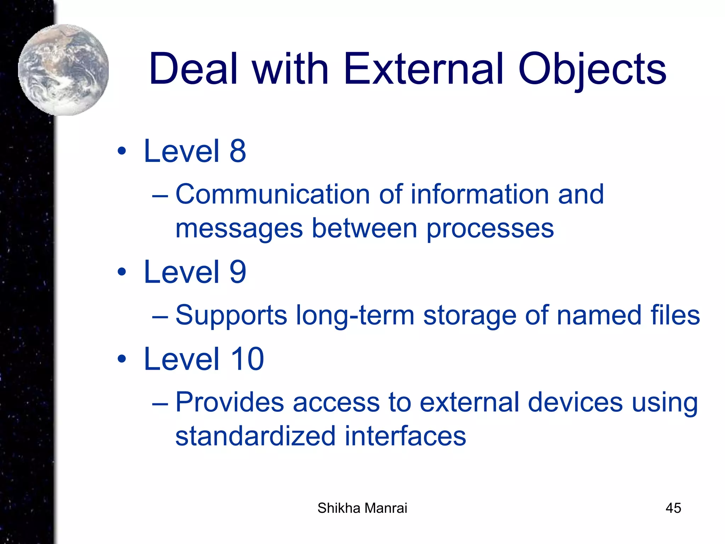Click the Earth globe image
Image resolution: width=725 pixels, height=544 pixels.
(64, 70)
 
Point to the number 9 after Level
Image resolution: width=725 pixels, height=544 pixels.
(238, 272)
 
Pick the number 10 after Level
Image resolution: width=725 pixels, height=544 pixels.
(247, 359)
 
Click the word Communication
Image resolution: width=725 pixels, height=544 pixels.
(273, 194)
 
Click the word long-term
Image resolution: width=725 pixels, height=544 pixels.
(355, 315)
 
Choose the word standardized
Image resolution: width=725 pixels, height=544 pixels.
(255, 436)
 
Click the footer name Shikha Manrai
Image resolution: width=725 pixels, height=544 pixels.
(362, 508)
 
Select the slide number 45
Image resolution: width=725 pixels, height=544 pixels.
(673, 508)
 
